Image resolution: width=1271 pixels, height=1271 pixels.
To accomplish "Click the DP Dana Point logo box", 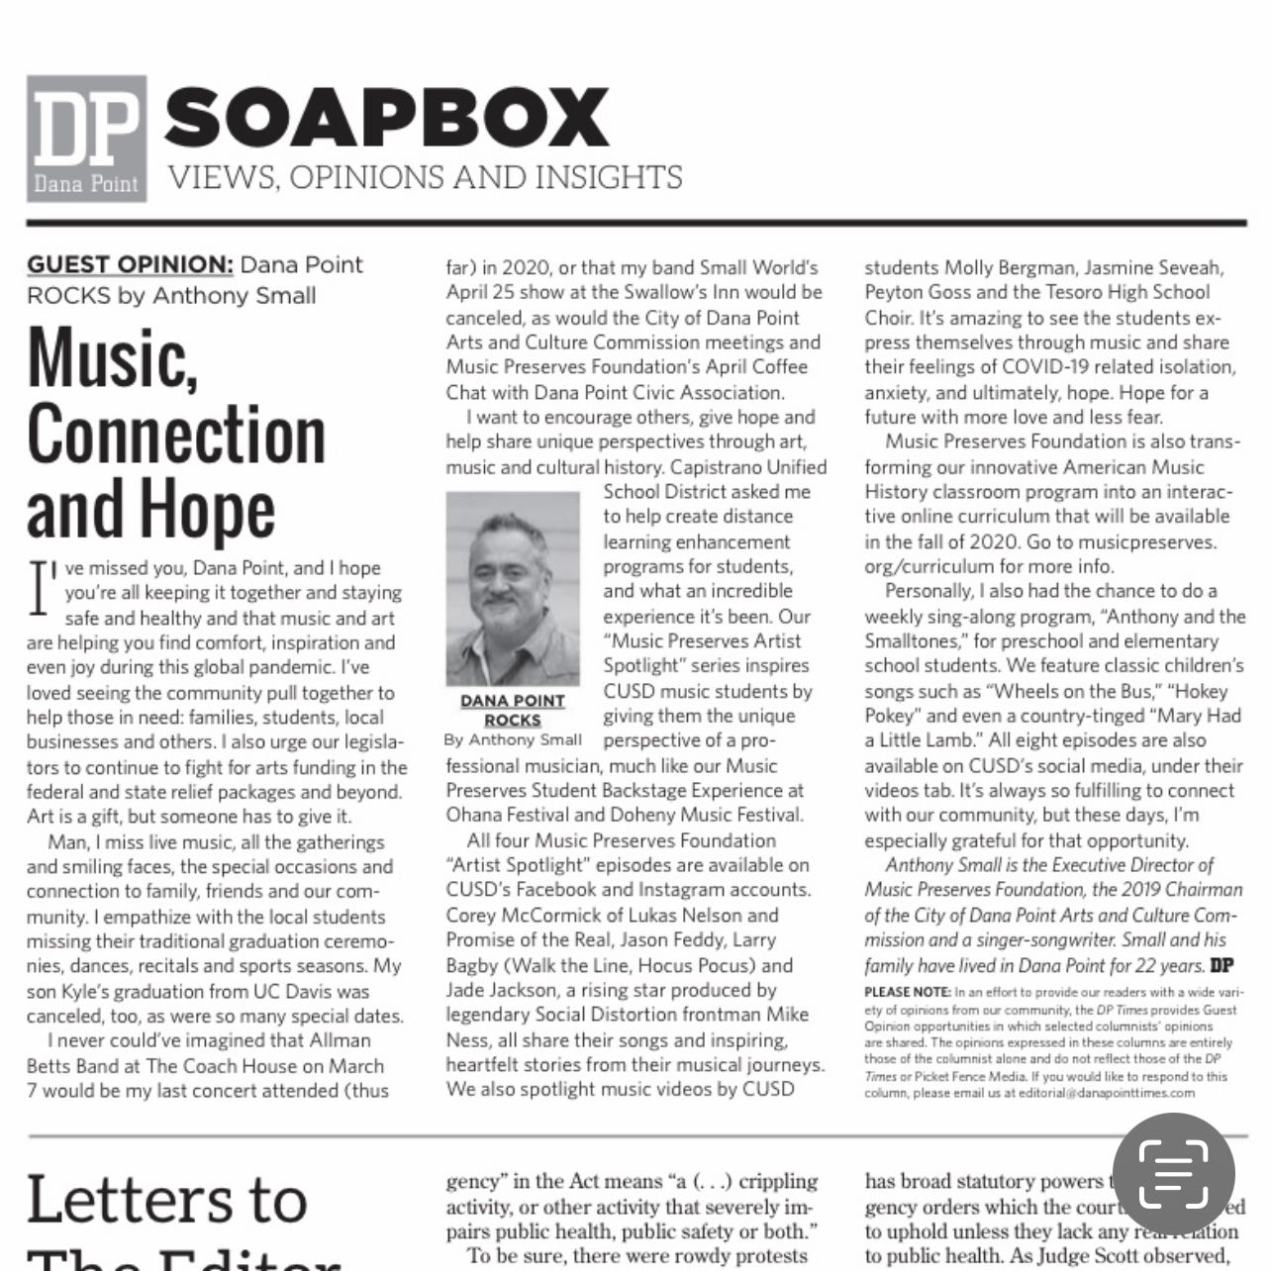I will pyautogui.click(x=87, y=139).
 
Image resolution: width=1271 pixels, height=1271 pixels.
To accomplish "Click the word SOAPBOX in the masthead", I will pyautogui.click(x=386, y=117).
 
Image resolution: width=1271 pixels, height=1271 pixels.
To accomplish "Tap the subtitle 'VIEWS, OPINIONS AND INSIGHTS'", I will pyautogui.click(x=425, y=177).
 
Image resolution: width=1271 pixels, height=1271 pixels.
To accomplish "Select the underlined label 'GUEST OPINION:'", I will pyautogui.click(x=130, y=265).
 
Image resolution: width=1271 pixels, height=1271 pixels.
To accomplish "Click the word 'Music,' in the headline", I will pyautogui.click(x=113, y=358).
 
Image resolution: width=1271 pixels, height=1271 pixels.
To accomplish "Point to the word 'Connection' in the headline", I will pyautogui.click(x=176, y=435).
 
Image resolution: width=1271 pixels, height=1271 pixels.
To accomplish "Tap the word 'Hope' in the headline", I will pyautogui.click(x=207, y=511).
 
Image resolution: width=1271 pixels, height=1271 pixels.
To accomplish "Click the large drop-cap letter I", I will pyautogui.click(x=41, y=588).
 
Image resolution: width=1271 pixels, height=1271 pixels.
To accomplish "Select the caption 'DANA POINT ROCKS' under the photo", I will pyautogui.click(x=512, y=710).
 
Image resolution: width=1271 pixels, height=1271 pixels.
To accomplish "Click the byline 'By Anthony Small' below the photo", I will pyautogui.click(x=513, y=739).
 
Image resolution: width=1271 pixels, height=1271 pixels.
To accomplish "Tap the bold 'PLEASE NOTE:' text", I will pyautogui.click(x=907, y=992).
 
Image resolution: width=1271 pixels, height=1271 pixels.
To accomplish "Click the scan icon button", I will pyautogui.click(x=1173, y=1174).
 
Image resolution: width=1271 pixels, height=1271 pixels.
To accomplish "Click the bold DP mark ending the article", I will pyautogui.click(x=1222, y=965).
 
